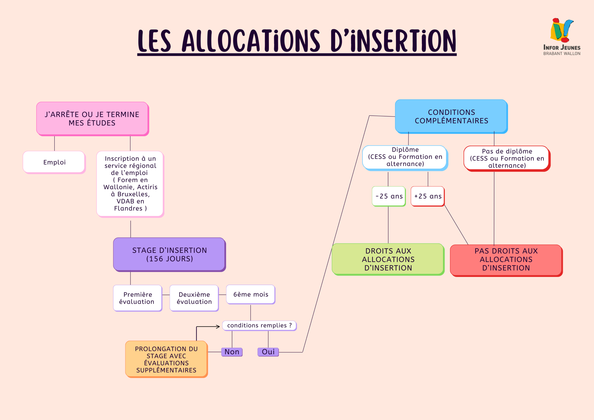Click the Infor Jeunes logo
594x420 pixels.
tap(562, 36)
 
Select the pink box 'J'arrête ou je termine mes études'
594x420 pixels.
tap(92, 119)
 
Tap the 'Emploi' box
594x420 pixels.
tap(54, 162)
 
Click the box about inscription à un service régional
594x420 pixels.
tap(130, 184)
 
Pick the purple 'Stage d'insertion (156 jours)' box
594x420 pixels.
tap(169, 254)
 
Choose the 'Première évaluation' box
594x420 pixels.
tap(137, 298)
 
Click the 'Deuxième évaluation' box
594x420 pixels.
tap(194, 298)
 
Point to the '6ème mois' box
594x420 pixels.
tap(250, 294)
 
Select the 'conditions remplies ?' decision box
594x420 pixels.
tap(259, 326)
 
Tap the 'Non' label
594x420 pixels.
tap(232, 352)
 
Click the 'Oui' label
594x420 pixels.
tap(268, 352)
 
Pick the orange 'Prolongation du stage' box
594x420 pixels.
tap(166, 359)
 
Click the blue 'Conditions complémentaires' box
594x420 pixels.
tap(451, 116)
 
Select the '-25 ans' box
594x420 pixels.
tap(389, 196)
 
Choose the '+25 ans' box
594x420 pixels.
tap(428, 196)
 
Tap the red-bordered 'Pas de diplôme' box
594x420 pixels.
tap(507, 158)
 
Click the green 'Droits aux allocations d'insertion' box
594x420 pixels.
tap(388, 259)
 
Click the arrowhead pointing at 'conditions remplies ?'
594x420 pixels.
tap(218, 326)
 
